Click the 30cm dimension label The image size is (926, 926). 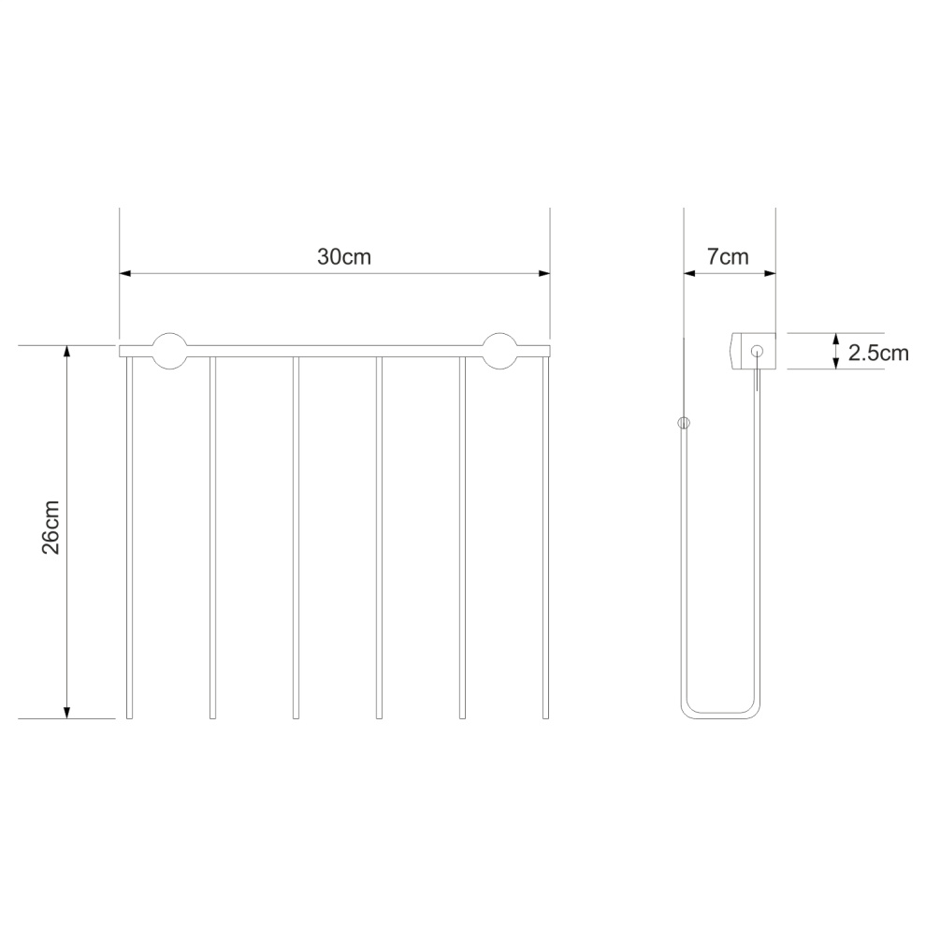coord(343,257)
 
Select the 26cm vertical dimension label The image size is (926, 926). coord(51,528)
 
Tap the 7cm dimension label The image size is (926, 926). coord(728,257)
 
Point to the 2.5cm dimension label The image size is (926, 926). coord(878,353)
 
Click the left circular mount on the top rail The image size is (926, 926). coord(170,351)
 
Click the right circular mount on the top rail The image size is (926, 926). coord(499,351)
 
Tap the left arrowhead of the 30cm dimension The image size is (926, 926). coord(125,273)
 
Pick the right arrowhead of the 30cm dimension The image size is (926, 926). coord(543,273)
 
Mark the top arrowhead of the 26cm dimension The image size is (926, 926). coord(66,352)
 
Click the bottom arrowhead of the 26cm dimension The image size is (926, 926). coord(66,713)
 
